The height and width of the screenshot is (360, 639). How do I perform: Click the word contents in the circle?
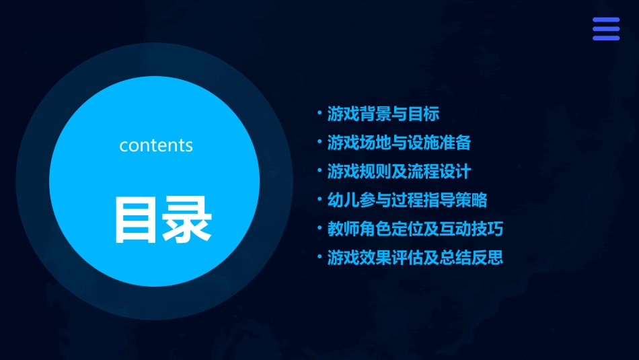point(156,145)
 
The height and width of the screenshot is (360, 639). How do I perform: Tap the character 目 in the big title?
point(137,219)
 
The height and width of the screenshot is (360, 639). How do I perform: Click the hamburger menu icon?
point(605,29)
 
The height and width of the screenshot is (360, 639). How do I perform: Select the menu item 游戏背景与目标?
point(383,114)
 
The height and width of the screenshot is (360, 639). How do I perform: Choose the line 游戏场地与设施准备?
point(398,143)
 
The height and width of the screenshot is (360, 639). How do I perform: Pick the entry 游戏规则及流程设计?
point(398,172)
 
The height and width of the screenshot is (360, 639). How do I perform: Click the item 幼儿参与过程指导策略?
point(407,201)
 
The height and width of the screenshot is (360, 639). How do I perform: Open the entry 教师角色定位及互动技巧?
point(415,229)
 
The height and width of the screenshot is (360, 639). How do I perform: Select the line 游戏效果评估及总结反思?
point(415,258)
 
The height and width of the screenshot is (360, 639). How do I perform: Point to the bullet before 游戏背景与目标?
point(319,113)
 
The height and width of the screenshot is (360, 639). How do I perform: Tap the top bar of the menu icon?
point(605,20)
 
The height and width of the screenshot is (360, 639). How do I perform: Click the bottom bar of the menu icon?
point(605,38)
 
